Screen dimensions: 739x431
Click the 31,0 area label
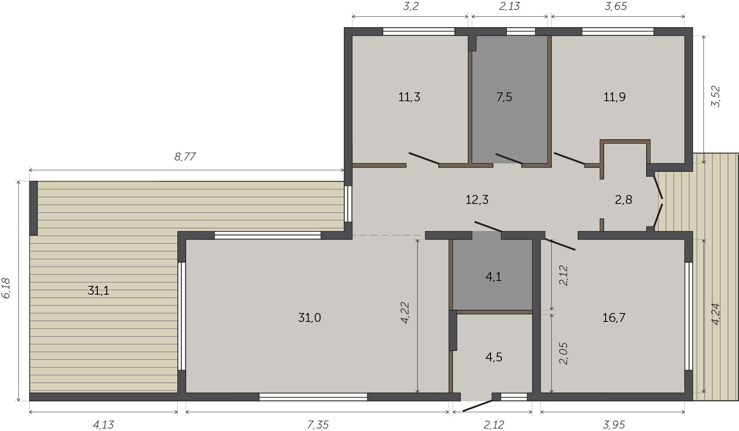(309, 317)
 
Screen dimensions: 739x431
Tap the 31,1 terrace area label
(99, 290)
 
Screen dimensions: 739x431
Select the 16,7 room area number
(614, 317)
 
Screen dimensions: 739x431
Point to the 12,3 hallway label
(477, 199)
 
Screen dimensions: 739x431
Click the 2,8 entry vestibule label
(623, 199)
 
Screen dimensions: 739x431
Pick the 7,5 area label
(504, 97)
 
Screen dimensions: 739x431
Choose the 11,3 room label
(409, 97)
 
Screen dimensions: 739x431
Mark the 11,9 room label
(615, 97)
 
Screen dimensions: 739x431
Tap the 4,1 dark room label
(493, 276)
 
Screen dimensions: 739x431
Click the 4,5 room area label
(494, 357)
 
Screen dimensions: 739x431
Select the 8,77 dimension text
(185, 157)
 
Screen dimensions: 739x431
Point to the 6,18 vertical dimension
(6, 288)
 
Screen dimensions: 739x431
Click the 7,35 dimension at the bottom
(318, 425)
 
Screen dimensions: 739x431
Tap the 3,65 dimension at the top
(616, 6)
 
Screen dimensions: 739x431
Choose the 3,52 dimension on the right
(716, 96)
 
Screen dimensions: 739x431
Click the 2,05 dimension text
(564, 353)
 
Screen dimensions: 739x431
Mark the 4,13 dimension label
(103, 425)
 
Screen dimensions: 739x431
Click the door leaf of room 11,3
(424, 158)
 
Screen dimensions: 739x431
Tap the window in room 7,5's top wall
(521, 32)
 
